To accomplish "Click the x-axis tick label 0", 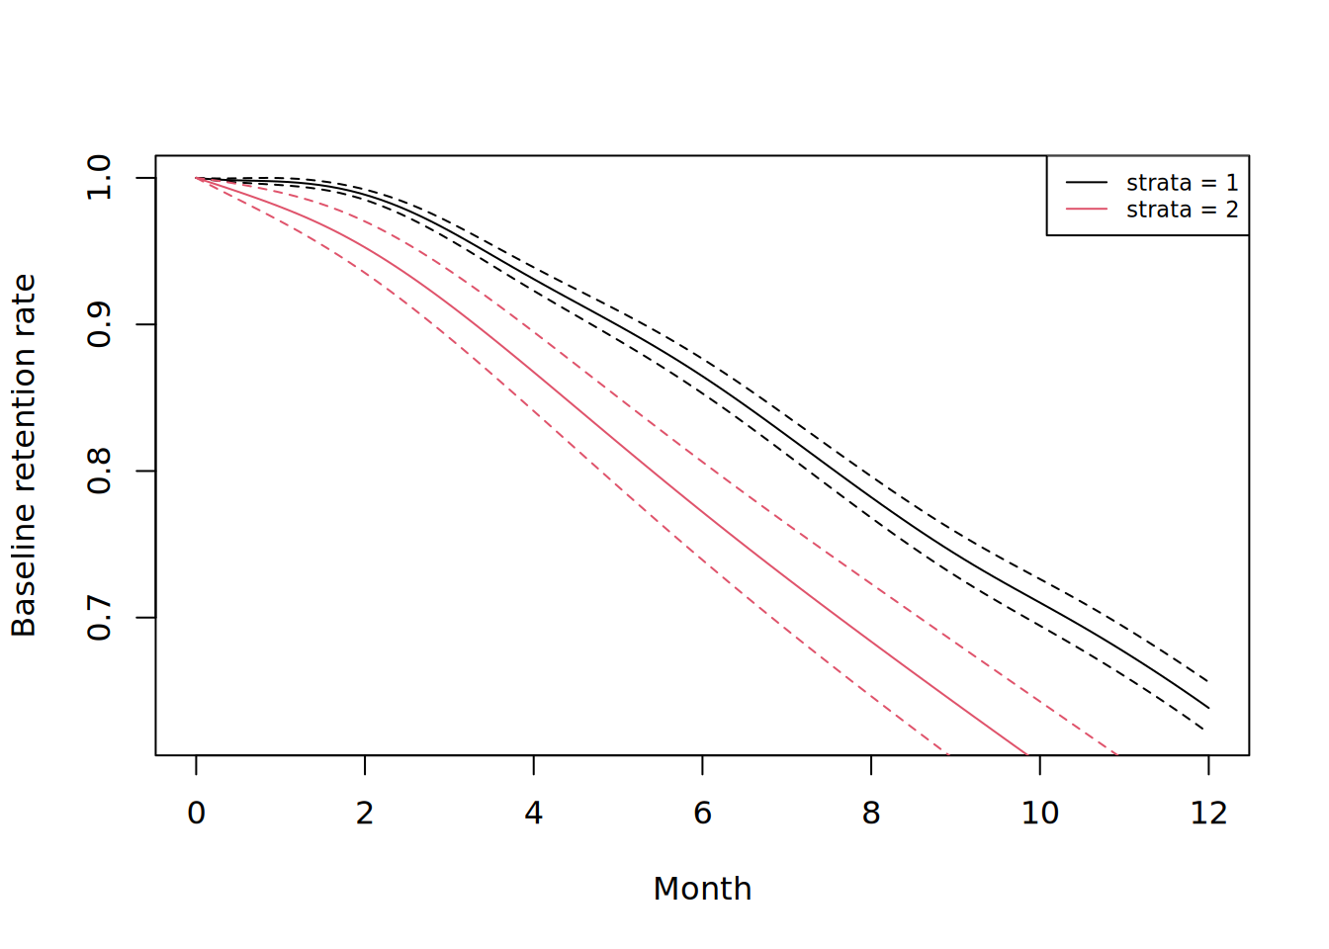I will point(196,813).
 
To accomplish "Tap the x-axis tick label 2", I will point(365,813).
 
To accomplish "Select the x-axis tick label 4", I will point(534,813).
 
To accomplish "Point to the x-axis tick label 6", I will point(702,813).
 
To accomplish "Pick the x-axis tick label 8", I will point(871,813).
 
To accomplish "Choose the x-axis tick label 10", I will point(1039,813).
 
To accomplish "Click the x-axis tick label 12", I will point(1208,813).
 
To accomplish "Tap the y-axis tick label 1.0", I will point(99,178).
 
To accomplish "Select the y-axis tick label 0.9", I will point(99,324).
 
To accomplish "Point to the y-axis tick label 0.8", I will point(99,471).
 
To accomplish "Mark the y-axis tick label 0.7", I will point(99,618).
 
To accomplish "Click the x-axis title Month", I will point(702,889).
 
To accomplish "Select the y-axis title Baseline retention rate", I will point(24,456).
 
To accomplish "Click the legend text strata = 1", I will point(1182,183).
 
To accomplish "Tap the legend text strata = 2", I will point(1182,210).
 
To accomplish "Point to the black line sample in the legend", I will point(1087,183).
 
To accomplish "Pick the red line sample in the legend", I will point(1087,210).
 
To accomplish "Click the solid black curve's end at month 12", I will point(1208,708).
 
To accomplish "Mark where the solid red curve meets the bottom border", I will point(1025,754).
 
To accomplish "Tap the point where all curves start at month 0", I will point(196,178).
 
